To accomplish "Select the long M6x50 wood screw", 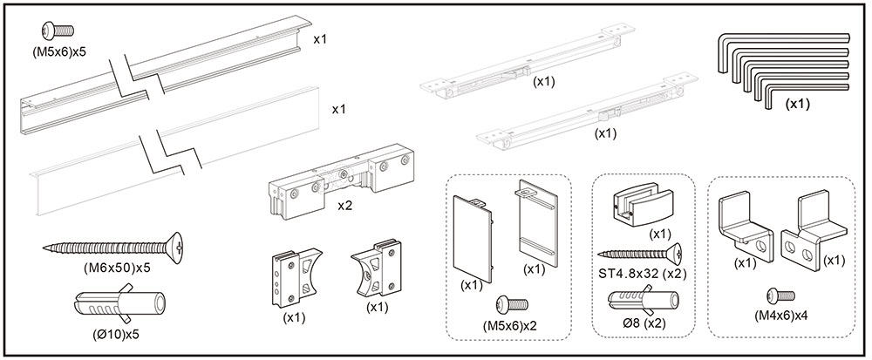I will (x=112, y=248).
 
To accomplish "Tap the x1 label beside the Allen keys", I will (x=796, y=103).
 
